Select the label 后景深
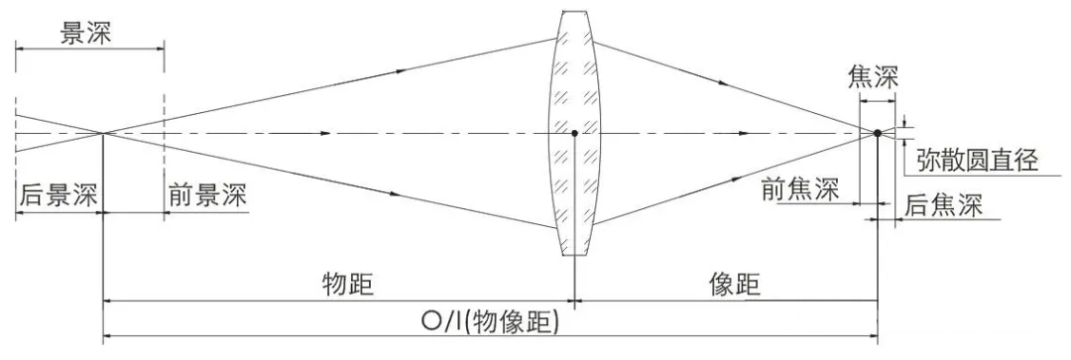(57, 195)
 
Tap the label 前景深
(207, 195)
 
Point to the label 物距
(348, 284)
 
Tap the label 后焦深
(943, 205)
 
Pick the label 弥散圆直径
(978, 159)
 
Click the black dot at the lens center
(575, 132)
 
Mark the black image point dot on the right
(878, 132)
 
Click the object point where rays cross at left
(103, 132)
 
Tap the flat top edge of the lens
(575, 10)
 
